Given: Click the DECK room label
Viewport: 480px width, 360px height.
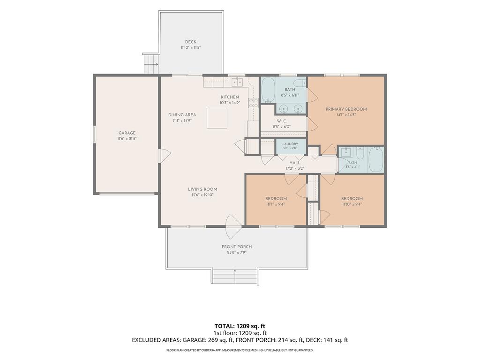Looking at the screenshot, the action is coord(190,42).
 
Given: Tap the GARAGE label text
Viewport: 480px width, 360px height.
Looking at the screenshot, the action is coord(127,133).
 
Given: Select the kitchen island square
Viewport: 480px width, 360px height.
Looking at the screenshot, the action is coord(217,118).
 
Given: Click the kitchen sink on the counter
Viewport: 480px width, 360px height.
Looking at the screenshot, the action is coord(237,82).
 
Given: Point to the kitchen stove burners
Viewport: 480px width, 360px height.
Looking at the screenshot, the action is coord(254,103).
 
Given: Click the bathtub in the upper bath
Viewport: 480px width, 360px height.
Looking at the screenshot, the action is coord(269,90).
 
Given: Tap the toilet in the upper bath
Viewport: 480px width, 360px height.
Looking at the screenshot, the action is coord(300,82).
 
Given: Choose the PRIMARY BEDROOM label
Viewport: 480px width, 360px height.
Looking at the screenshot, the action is coord(346,109).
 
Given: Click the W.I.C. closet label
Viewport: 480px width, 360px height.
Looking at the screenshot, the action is coord(282,121).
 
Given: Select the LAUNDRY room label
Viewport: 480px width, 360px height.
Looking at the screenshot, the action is coord(290,144).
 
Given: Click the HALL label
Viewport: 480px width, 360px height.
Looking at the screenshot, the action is coord(294,163).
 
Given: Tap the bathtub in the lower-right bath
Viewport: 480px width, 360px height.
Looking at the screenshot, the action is coord(375,159).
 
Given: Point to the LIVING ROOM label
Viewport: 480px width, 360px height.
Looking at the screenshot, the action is coord(202,189).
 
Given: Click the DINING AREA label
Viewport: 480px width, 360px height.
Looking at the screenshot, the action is coord(182,115).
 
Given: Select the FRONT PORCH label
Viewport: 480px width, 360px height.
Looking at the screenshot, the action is coord(237,247).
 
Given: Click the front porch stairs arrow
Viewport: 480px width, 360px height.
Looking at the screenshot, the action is coord(235,276).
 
